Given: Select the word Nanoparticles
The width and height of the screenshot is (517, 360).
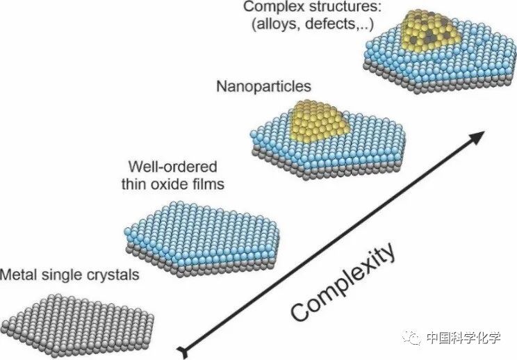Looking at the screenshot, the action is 263,87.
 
